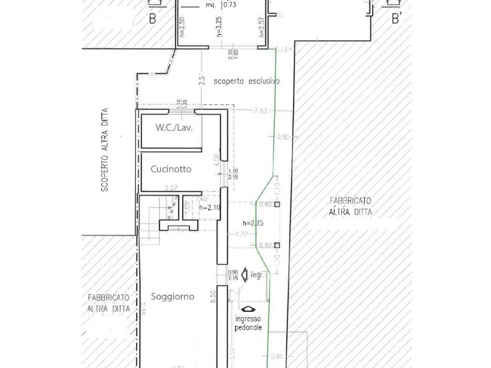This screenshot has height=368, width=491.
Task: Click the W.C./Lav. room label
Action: click(170, 128)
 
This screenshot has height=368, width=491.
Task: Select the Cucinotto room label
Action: click(171, 169)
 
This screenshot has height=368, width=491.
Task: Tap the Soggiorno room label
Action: click(173, 297)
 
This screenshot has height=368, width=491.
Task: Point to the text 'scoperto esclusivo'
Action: click(247, 81)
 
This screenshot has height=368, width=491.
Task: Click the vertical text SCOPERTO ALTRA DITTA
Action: click(105, 150)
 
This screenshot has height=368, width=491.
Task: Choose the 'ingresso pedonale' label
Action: click(248, 323)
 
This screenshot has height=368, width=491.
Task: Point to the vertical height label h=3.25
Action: click(219, 27)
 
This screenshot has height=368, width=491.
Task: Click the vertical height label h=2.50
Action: click(181, 27)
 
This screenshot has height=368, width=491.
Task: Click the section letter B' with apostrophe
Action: click(397, 19)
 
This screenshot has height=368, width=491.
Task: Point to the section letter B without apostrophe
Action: click(152, 20)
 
